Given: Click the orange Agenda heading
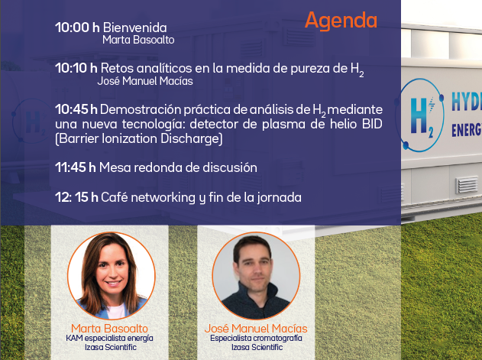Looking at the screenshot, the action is (341, 21).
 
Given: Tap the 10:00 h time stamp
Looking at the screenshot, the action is (77, 28).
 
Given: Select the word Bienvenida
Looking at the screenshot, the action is (135, 28).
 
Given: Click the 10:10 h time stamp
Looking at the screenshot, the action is (76, 68).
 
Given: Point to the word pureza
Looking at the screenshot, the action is (309, 69).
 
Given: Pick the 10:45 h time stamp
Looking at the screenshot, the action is (76, 109).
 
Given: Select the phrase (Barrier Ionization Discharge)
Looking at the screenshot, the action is (138, 139).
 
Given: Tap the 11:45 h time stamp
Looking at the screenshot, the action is (76, 167).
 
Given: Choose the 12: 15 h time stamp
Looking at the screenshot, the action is (76, 197).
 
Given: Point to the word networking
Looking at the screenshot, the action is (163, 198).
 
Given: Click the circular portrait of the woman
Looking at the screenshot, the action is (112, 275).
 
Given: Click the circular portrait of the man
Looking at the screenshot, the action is (256, 275).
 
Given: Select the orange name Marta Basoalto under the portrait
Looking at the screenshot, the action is (109, 329).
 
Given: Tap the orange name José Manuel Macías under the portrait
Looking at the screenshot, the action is (256, 329).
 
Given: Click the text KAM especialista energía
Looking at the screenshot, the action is (109, 338).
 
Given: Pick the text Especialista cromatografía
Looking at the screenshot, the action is (256, 338).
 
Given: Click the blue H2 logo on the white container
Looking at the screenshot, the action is (421, 115).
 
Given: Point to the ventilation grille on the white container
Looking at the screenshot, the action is (467, 185).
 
